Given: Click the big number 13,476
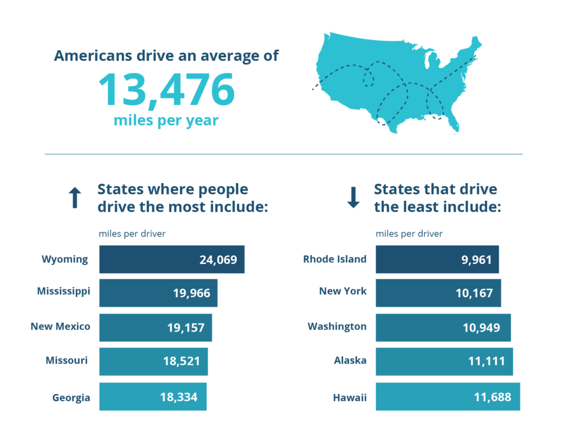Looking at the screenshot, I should coord(166,89).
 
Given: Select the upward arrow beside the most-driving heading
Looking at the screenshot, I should coord(74,198).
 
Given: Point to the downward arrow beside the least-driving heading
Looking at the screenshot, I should coord(353,197).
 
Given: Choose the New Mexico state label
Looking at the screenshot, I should coord(60,326).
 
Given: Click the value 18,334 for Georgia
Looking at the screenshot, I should coord(179,397).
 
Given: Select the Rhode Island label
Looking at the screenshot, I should coord(335,259).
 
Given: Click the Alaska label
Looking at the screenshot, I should coord(350,361).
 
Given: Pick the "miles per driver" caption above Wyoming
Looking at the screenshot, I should coord(132,234).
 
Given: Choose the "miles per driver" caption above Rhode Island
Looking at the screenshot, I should coord(409,234).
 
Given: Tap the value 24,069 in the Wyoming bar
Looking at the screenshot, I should coord(218,260).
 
